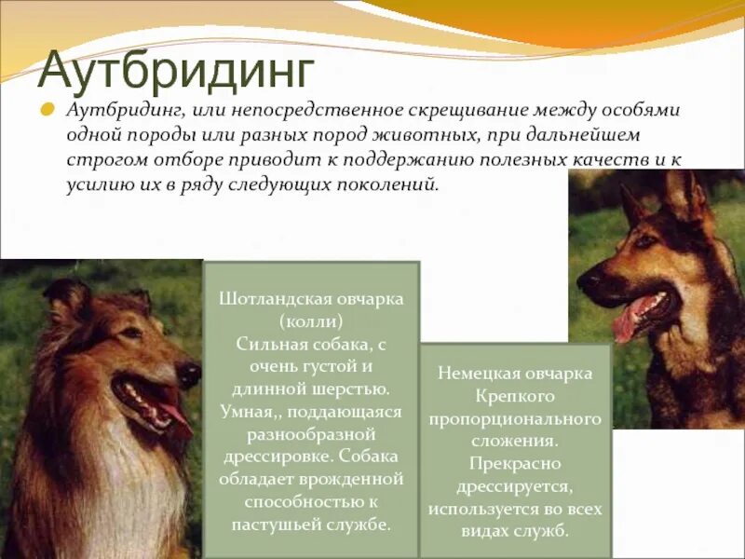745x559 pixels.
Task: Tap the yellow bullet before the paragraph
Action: tap(45, 109)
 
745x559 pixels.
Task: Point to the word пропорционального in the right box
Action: tap(515, 418)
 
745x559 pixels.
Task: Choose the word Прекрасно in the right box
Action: tap(515, 463)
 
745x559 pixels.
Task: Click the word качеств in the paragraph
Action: tap(606, 159)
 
